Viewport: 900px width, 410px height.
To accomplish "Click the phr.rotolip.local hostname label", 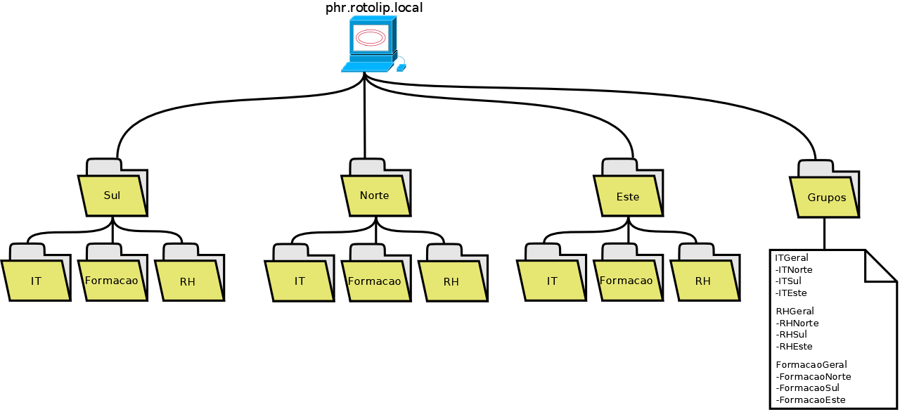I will point(373,8).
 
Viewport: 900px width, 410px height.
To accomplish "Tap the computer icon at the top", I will point(371,44).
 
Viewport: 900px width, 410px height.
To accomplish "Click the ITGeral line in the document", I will point(792,257).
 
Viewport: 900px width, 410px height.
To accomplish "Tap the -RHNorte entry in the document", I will point(797,323).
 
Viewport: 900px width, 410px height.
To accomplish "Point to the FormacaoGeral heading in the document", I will point(811,364).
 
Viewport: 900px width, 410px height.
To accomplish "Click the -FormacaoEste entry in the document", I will point(811,399).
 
